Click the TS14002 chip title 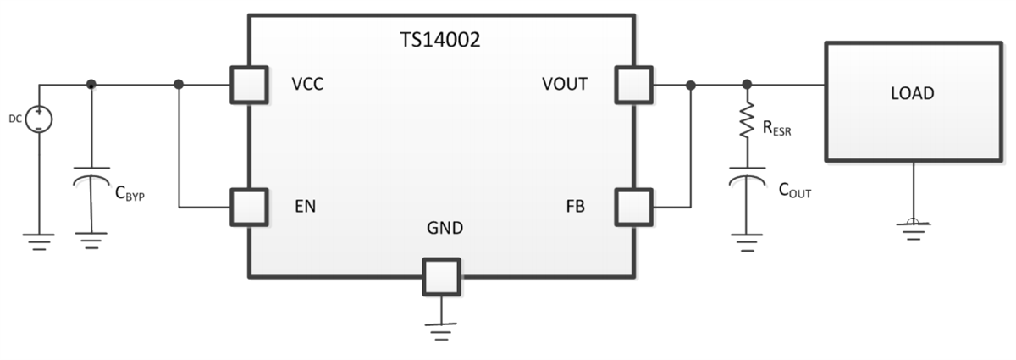click(440, 40)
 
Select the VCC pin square click(249, 85)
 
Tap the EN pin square click(249, 206)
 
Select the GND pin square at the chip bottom click(440, 276)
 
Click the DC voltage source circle click(39, 119)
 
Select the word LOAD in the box click(913, 94)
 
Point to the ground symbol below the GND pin click(440, 330)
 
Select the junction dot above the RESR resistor click(747, 85)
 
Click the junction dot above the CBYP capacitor click(91, 85)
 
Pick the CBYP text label click(130, 193)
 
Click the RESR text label click(776, 130)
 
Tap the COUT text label click(794, 191)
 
